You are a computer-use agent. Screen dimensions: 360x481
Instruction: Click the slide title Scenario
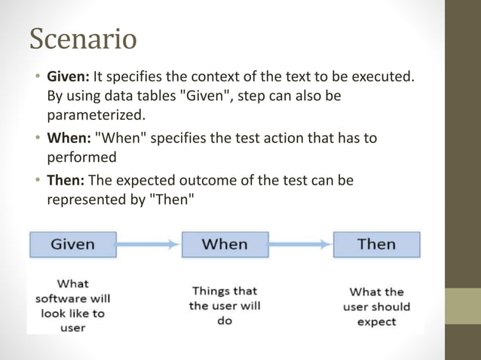(83, 39)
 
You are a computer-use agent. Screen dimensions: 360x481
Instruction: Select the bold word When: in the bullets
(69, 139)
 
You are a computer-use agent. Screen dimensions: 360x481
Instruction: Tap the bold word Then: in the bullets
(66, 181)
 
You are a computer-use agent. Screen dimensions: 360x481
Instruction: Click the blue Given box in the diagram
(72, 244)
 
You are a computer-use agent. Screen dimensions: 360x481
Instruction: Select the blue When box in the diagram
(225, 244)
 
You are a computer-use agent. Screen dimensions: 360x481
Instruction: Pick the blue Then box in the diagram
(376, 244)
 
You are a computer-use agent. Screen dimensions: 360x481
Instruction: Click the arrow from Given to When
(149, 244)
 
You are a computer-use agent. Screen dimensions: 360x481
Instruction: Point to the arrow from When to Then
(300, 244)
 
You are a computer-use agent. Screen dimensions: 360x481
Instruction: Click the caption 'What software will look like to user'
(72, 306)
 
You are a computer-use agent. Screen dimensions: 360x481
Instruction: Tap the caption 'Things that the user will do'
(224, 306)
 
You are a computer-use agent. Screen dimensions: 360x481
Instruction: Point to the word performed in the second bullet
(82, 158)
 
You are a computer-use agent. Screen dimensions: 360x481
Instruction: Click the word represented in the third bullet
(85, 200)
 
